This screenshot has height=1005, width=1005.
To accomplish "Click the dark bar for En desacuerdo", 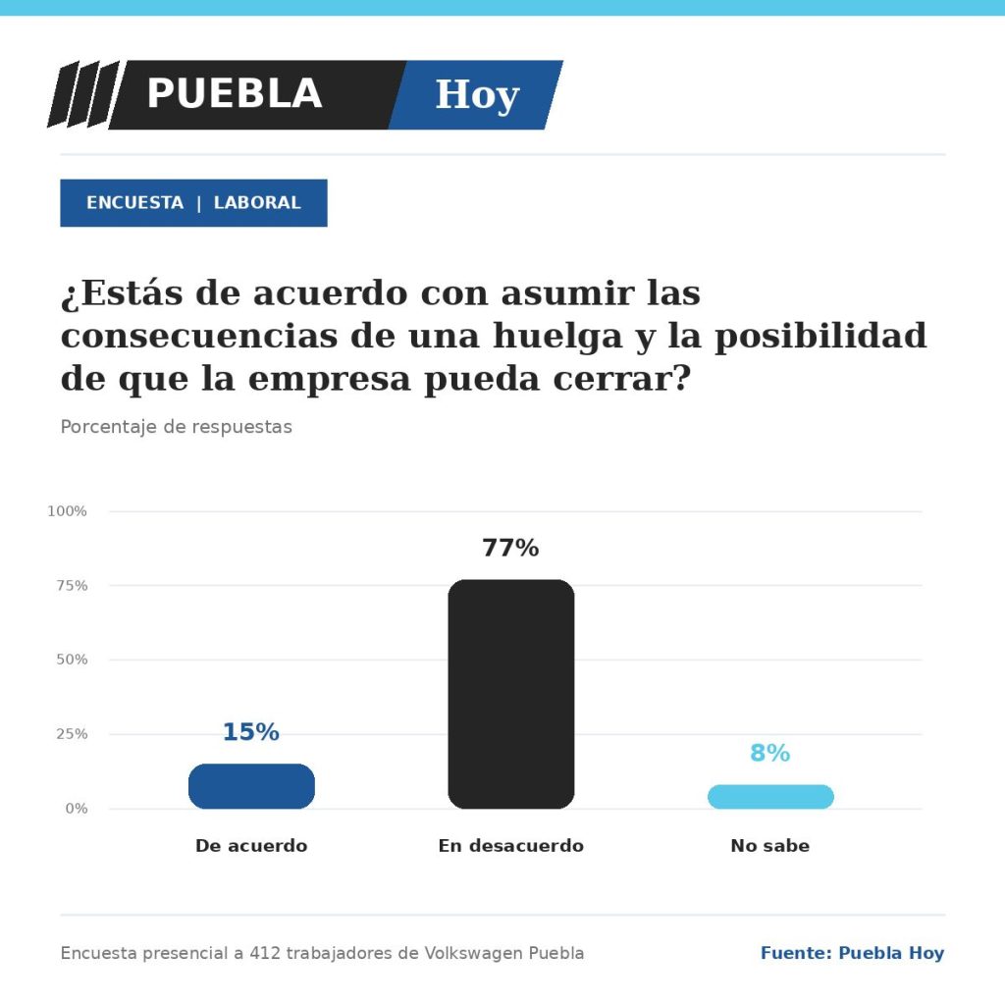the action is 510,694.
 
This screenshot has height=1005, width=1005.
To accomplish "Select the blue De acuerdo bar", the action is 251,786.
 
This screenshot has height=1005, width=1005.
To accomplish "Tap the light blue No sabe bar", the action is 770,797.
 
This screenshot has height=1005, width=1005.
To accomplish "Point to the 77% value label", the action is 510,548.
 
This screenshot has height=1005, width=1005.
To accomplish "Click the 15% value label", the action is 250,732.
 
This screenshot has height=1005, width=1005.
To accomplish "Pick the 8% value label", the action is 769,753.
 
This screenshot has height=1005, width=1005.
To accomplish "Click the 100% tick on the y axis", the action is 67,510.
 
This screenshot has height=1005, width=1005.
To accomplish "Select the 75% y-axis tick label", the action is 72,585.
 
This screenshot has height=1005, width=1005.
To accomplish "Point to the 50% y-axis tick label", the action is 72,660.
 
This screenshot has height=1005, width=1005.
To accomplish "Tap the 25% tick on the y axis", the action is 72,734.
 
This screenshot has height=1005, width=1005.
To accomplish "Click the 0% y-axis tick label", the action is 77,809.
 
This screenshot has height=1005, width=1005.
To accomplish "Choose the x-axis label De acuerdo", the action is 251,845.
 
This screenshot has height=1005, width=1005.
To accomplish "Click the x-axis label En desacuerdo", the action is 510,845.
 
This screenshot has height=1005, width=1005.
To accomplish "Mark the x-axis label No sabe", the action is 769,845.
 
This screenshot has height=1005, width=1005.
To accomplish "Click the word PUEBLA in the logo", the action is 235,93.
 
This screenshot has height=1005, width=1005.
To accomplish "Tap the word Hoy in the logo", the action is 478,95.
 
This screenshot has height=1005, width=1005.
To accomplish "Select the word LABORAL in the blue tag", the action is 257,202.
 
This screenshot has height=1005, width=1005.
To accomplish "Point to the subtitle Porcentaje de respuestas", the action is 177,427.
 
